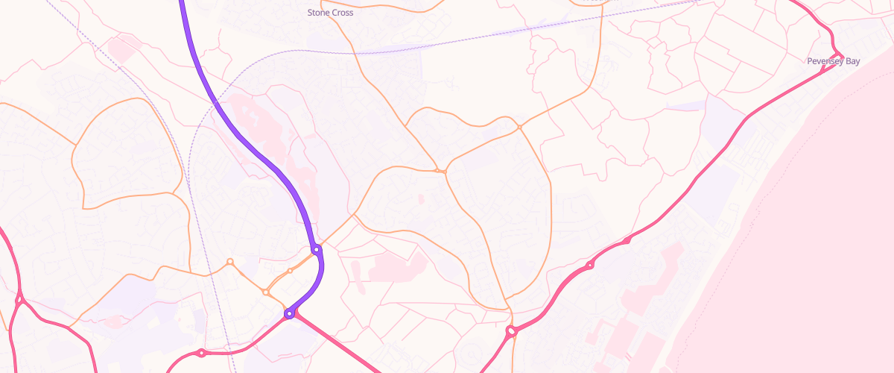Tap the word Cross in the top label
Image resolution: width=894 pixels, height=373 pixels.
342,13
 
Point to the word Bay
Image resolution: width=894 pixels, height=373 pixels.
852,61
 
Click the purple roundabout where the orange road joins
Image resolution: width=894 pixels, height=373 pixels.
316,249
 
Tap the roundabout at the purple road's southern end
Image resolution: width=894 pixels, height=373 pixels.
289,314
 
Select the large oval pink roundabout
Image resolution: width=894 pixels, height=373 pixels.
511,330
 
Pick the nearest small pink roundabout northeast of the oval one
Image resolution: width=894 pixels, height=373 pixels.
589,266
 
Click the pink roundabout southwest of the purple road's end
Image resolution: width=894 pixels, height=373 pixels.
201,353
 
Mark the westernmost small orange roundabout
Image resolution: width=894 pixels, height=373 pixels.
230,262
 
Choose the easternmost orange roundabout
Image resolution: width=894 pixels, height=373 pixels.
520,128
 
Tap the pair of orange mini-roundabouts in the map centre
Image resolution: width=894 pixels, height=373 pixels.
440,172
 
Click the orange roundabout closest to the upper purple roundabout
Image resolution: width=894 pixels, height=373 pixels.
290,271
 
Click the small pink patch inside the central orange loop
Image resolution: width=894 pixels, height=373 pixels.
419,199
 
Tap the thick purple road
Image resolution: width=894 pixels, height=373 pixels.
246,134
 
